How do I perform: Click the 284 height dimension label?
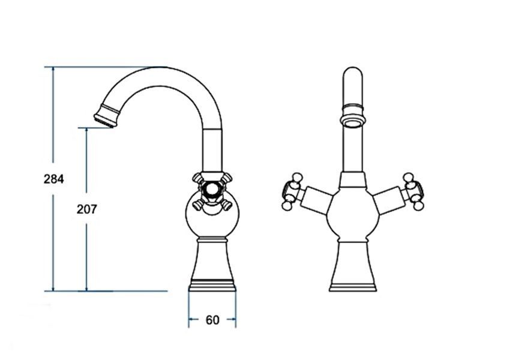(53, 179)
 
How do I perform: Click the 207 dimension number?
(86, 209)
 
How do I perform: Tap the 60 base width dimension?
(212, 320)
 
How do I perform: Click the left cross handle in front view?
(291, 191)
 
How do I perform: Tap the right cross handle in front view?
(413, 191)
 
